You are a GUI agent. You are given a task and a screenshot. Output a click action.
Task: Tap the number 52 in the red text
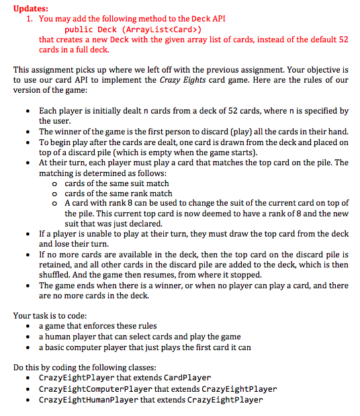point(343,40)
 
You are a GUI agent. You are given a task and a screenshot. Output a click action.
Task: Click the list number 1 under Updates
point(29,19)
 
